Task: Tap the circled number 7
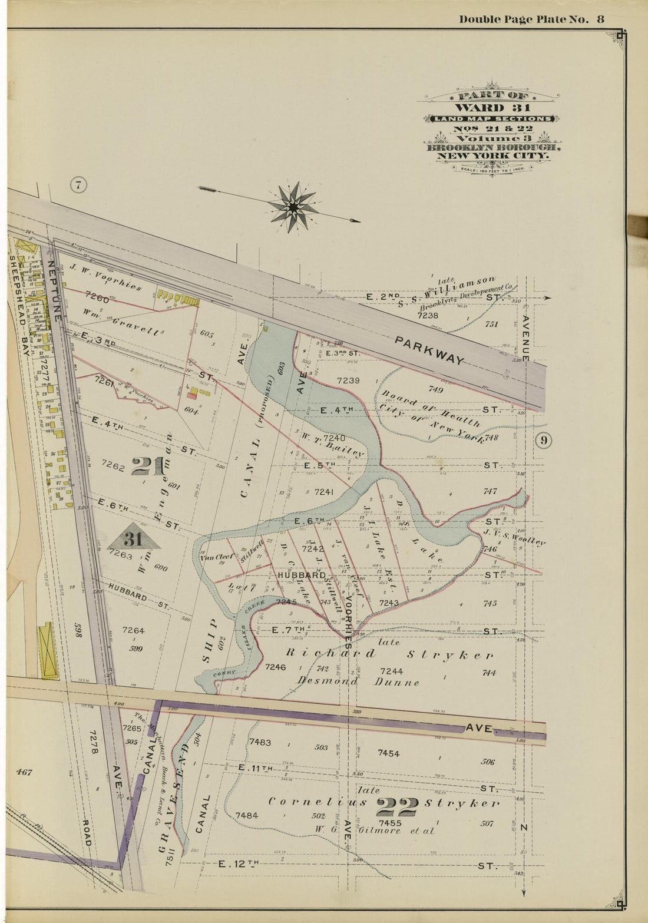pyautogui.click(x=78, y=186)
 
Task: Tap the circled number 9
pyautogui.click(x=543, y=440)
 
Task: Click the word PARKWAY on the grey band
pyautogui.click(x=429, y=351)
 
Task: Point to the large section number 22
pyautogui.click(x=396, y=806)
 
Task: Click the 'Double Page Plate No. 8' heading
pyautogui.click(x=531, y=19)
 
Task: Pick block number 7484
pyautogui.click(x=246, y=815)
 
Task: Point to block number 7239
pyautogui.click(x=348, y=381)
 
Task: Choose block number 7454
pyautogui.click(x=389, y=753)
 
